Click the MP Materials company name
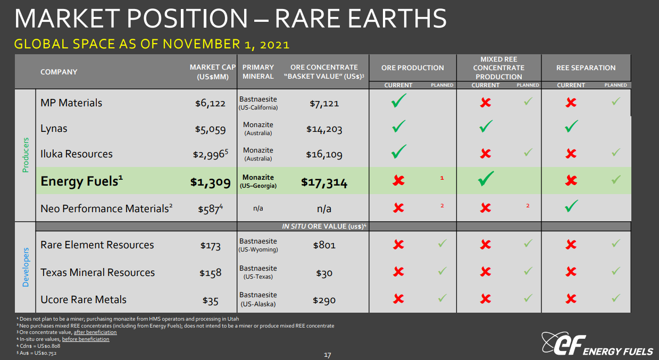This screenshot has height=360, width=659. tap(71, 103)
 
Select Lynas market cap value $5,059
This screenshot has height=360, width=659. tap(210, 129)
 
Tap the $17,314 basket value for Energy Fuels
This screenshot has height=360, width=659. tap(324, 182)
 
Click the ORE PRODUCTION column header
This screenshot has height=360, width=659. tap(412, 68)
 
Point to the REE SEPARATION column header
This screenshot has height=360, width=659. tap(586, 68)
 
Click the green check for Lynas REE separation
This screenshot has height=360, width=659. tap(571, 127)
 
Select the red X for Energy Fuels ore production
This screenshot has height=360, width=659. tap(398, 180)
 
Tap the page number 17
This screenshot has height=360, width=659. tap(328, 355)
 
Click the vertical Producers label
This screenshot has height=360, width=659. tap(26, 155)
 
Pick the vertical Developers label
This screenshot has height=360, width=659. tap(26, 267)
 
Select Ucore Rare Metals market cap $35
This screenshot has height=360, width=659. tap(210, 301)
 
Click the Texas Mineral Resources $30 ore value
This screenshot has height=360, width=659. tap(324, 273)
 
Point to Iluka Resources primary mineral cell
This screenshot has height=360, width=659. tap(258, 154)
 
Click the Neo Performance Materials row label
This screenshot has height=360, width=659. tap(106, 208)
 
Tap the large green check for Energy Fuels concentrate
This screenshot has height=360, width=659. tap(485, 179)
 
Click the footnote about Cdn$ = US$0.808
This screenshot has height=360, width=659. tap(38, 346)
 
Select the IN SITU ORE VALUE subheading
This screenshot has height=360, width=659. tap(324, 226)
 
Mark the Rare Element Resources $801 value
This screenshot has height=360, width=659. tap(324, 245)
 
